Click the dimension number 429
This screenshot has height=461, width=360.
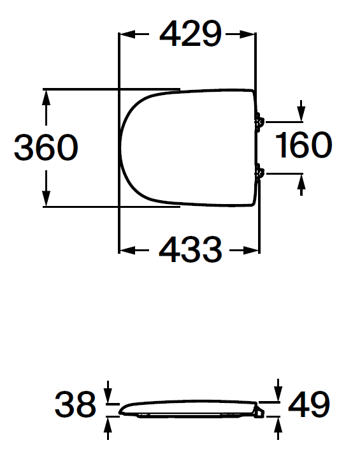point(190,34)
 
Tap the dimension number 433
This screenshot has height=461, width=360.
point(190,250)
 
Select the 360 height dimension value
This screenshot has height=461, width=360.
point(46,147)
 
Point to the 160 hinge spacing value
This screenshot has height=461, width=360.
point(303,145)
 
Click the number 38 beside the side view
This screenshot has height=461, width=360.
point(76,404)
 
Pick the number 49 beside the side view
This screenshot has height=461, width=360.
point(309,404)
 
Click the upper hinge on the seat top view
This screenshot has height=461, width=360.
point(259,122)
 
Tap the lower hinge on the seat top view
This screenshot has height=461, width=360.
point(259,173)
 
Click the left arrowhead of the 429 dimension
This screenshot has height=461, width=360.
point(127,34)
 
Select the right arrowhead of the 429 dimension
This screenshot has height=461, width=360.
point(247,34)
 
